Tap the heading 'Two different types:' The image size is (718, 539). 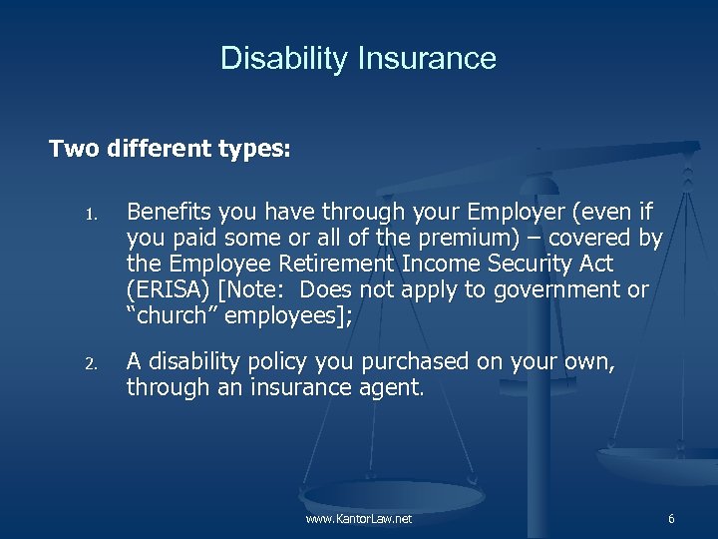[x=170, y=149]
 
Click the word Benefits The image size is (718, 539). [x=166, y=212]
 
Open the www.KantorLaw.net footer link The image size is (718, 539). [x=359, y=519]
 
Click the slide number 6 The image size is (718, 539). [x=671, y=519]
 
